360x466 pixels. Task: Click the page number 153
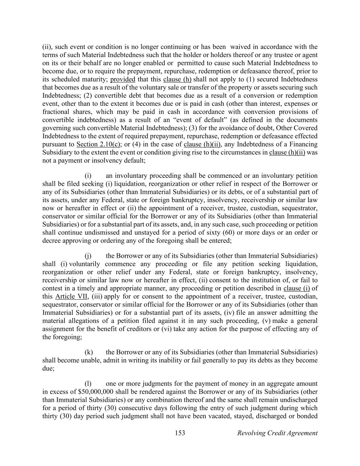180,433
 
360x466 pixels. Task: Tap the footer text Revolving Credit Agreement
277,433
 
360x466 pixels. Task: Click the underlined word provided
123,80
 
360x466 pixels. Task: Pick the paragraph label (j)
88,256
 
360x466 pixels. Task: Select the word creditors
145,329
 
